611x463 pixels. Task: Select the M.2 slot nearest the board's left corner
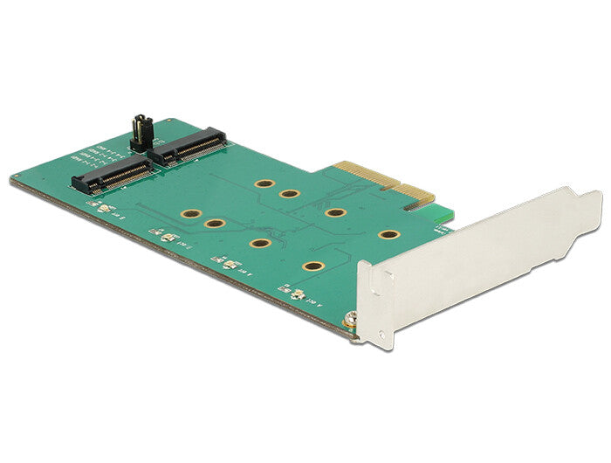pyautogui.click(x=110, y=176)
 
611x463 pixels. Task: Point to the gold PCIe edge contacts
pyautogui.click(x=383, y=183)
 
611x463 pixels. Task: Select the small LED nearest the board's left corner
pyautogui.click(x=103, y=209)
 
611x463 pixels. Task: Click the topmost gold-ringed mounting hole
pyautogui.click(x=262, y=184)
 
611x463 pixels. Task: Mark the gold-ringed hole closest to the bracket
pyautogui.click(x=388, y=234)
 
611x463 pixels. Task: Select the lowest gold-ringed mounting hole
pyautogui.click(x=312, y=266)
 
